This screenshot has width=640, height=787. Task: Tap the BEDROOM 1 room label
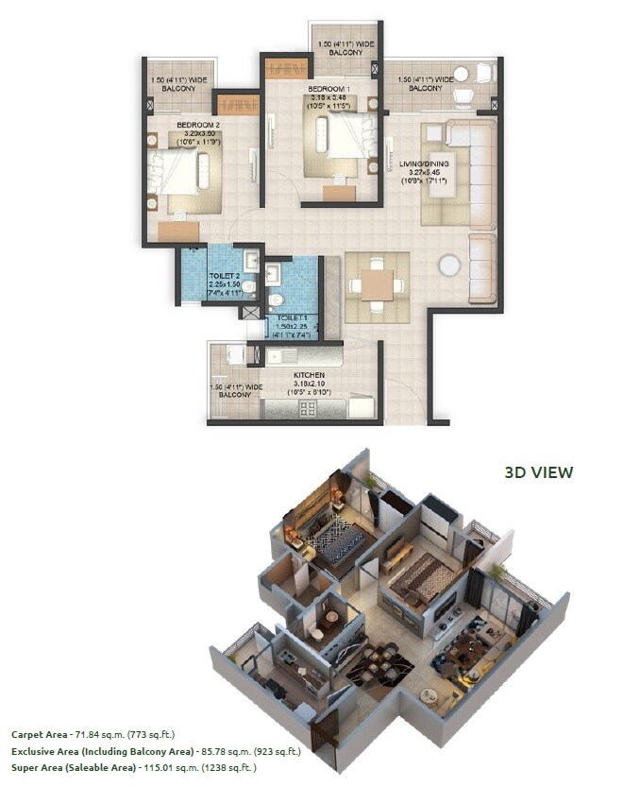(328, 90)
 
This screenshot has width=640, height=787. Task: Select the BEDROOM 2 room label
(197, 125)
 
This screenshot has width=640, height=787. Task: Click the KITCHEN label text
(308, 375)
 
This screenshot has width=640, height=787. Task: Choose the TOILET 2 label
(225, 275)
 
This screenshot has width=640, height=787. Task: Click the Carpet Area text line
(93, 733)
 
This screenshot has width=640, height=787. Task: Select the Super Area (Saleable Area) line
(133, 768)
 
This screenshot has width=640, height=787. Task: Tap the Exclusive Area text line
(156, 751)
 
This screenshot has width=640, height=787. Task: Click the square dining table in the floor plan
(377, 284)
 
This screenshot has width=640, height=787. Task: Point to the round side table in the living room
(449, 265)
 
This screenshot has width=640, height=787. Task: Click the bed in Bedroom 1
(330, 141)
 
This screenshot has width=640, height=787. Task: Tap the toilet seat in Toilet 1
(276, 301)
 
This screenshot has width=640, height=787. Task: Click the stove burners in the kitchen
(308, 407)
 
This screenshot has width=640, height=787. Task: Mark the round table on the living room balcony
(462, 74)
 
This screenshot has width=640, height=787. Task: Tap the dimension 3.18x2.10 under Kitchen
(308, 385)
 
